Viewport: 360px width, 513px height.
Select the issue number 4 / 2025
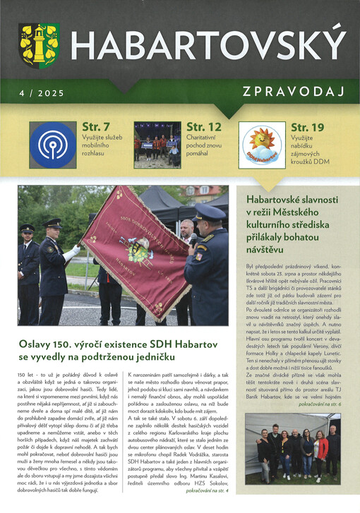coord(42,92)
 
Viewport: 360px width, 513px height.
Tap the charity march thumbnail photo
coord(156,144)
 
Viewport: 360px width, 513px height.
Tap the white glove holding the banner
coord(72,251)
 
